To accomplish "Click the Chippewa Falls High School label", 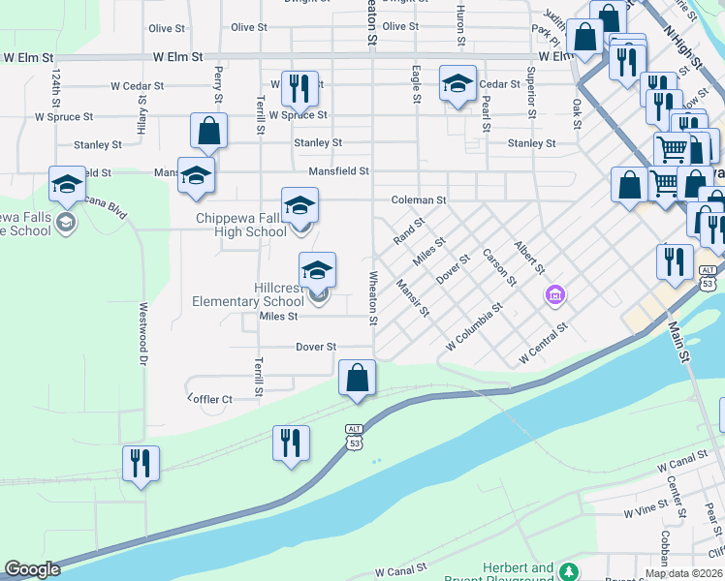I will tap(241, 225).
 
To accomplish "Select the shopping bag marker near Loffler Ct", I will tap(358, 377).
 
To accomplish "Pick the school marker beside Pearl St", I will tap(457, 84).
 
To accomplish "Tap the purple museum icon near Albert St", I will tap(555, 294).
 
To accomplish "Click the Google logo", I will tap(32, 570).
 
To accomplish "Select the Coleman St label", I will tap(418, 200).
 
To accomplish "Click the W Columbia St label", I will tap(474, 328).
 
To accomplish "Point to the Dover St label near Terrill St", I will tap(315, 346).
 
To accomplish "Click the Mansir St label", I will tap(413, 297).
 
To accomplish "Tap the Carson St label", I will tap(499, 267).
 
